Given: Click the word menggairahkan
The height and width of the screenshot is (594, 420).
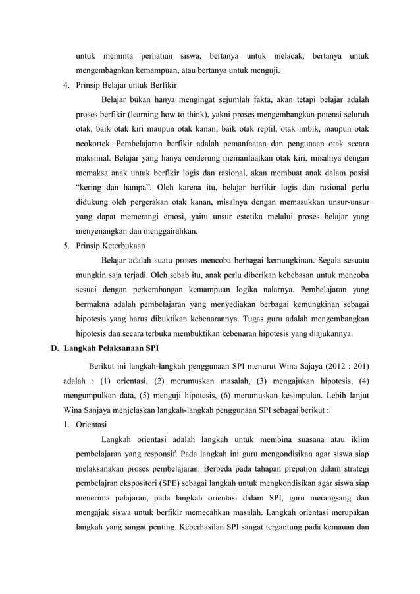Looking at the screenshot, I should [x=171, y=231].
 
